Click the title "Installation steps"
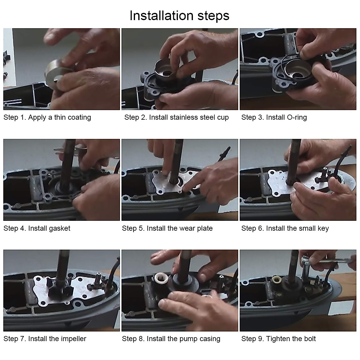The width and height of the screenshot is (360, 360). (x=179, y=16)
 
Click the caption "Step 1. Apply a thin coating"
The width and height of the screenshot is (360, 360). (x=47, y=118)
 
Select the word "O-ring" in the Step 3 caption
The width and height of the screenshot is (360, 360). (x=297, y=117)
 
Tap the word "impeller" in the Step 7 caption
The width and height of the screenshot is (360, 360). (x=74, y=339)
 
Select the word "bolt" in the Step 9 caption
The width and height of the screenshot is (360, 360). (x=310, y=339)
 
